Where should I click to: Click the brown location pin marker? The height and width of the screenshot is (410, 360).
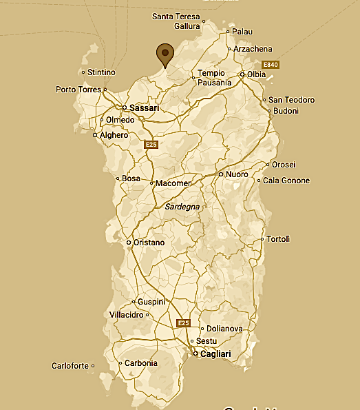tap(165, 54)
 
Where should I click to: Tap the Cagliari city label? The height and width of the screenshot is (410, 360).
tap(215, 354)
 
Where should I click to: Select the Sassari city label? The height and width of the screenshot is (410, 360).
tap(145, 108)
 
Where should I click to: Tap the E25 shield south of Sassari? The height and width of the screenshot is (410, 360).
tap(151, 145)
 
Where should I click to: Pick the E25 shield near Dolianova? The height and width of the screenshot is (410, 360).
tap(183, 322)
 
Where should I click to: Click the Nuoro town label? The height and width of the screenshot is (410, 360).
tap(237, 174)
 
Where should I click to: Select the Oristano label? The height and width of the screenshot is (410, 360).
tap(149, 243)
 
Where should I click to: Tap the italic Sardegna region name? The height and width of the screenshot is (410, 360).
tap(182, 206)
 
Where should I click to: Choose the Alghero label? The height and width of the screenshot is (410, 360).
tap(114, 135)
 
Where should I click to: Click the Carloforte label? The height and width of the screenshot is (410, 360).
tap(70, 366)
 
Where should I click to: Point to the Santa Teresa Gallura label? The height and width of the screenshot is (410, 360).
tap(176, 21)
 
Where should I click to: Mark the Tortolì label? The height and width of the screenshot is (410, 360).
tap(278, 239)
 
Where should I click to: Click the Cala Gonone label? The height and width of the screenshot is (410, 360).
tap(286, 181)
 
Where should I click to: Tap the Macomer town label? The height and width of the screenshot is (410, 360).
tap(173, 183)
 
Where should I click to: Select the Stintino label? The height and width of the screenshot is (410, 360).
tap(101, 72)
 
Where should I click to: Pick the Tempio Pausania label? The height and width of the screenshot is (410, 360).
tap(213, 78)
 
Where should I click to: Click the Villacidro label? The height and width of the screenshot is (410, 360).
tap(126, 315)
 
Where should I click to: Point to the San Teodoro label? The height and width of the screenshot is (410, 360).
tap(291, 100)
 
